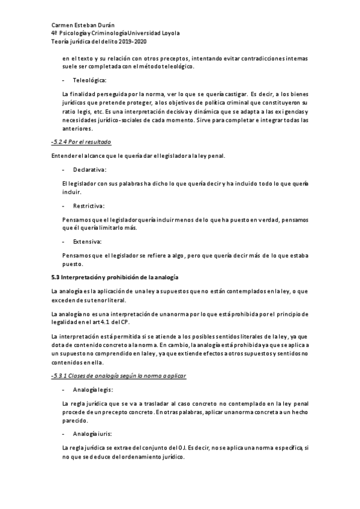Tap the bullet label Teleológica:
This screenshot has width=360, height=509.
pos(90,80)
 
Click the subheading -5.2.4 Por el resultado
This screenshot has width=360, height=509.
pos(82,142)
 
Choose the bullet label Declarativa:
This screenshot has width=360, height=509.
pos(89,170)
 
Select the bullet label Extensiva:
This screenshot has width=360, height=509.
pos(88,241)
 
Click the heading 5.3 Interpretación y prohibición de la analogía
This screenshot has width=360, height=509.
pos(115,277)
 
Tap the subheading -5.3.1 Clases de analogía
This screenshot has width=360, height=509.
pos(119,376)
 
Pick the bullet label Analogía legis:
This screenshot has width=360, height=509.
pos(93,390)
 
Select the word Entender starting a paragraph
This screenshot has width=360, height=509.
pos(64,157)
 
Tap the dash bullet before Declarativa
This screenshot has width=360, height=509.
pos(63,170)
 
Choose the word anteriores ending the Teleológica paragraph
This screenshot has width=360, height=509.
pos(77,128)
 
